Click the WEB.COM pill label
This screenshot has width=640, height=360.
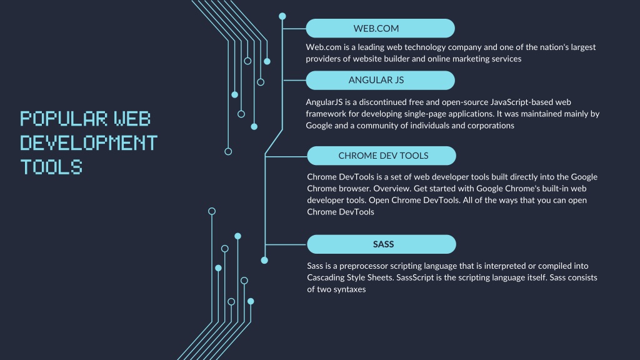[380, 29]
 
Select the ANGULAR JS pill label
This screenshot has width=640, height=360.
[380, 81]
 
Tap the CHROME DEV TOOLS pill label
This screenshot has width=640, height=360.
[381, 156]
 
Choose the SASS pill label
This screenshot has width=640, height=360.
[381, 244]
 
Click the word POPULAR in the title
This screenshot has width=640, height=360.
[64, 119]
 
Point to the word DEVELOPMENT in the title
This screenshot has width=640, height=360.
[89, 143]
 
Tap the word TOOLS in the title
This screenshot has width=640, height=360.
[51, 167]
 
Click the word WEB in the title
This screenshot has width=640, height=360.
[132, 119]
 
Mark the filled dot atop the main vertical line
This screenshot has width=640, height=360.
[282, 16]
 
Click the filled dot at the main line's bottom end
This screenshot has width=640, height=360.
[264, 260]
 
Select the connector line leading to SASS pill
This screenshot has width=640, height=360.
[286, 244]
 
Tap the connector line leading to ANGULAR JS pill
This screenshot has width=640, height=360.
[294, 81]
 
